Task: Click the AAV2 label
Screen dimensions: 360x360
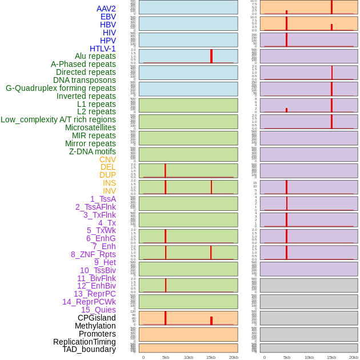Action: tap(106, 9)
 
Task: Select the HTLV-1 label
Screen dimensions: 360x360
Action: tap(102, 49)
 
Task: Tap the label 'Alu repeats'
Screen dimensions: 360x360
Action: tap(95, 56)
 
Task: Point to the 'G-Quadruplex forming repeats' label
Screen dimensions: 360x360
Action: tap(61, 88)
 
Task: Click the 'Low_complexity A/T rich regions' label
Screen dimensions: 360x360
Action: tap(58, 119)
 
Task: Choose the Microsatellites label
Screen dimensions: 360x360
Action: tap(90, 127)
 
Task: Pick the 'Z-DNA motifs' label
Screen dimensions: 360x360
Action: tap(93, 151)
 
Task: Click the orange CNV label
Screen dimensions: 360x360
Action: tap(107, 159)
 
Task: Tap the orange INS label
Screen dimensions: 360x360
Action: tap(109, 183)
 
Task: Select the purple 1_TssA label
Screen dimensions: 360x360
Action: tap(103, 199)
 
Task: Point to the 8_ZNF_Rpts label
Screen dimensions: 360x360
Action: tap(93, 254)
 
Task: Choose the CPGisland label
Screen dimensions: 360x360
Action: tap(97, 318)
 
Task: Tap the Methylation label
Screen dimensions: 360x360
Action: tap(95, 326)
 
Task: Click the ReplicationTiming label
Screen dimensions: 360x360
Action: tap(84, 342)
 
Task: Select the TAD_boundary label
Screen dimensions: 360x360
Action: tap(89, 349)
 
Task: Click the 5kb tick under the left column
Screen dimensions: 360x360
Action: tap(166, 357)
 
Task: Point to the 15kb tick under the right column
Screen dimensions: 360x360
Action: tap(331, 357)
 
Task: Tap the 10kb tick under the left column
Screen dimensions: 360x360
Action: tap(189, 357)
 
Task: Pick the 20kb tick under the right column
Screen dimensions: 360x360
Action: tap(354, 357)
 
